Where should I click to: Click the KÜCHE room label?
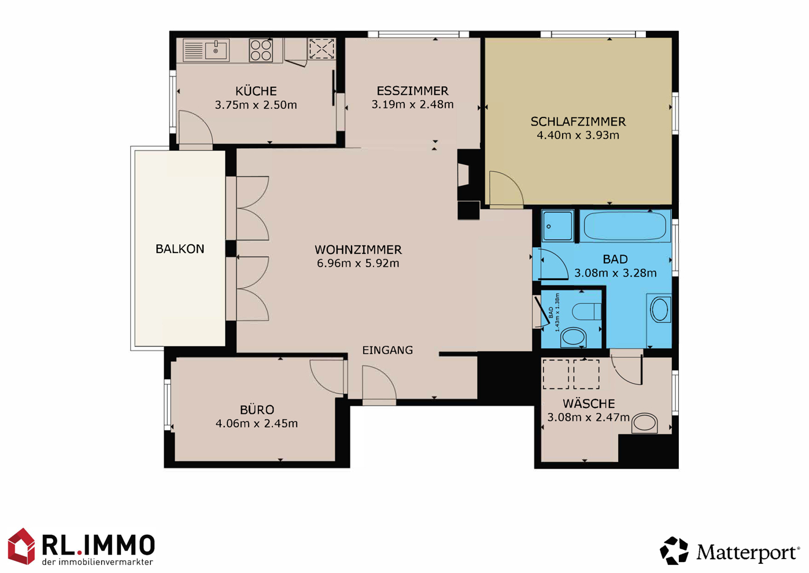pyautogui.click(x=256, y=91)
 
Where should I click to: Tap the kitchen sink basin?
pyautogui.click(x=216, y=50)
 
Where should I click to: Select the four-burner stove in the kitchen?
pyautogui.click(x=261, y=50)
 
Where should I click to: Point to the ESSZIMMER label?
pyautogui.click(x=412, y=91)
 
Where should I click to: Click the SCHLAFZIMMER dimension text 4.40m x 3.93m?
pyautogui.click(x=578, y=135)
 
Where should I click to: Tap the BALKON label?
pyautogui.click(x=180, y=249)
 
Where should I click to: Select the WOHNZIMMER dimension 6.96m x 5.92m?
pyautogui.click(x=358, y=263)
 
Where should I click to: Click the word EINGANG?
pyautogui.click(x=387, y=350)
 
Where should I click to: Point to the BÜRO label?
pyautogui.click(x=257, y=410)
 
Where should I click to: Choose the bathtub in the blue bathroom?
pyautogui.click(x=625, y=226)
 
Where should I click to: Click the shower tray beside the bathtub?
pyautogui.click(x=558, y=226)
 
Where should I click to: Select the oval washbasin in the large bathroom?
pyautogui.click(x=660, y=310)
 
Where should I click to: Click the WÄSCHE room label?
pyautogui.click(x=588, y=403)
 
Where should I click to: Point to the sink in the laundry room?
pyautogui.click(x=645, y=423)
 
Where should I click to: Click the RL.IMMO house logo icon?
pyautogui.click(x=21, y=546)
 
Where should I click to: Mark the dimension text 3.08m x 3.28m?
pyautogui.click(x=615, y=273)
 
